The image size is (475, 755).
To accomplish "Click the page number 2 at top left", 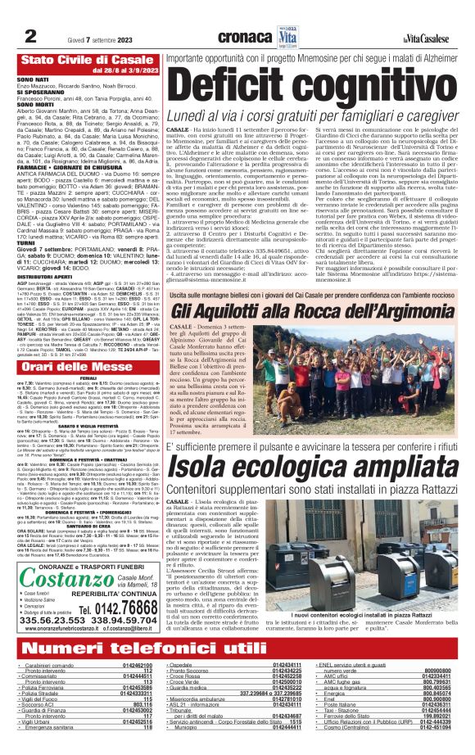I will (30, 34).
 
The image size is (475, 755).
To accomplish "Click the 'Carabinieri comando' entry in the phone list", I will (45, 669).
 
